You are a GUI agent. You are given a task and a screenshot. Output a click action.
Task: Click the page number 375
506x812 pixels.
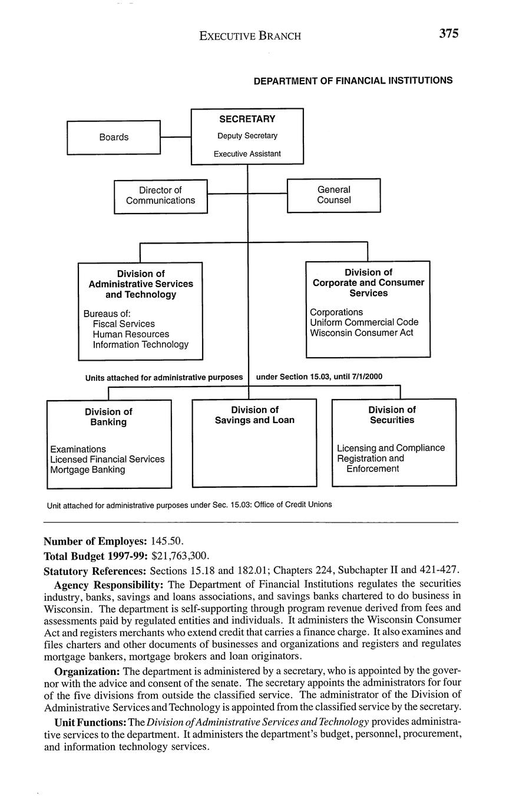[x=448, y=34]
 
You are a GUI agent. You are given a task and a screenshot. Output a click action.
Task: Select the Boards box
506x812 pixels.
[x=114, y=137]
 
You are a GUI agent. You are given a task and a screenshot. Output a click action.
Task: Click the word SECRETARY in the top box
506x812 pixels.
[x=247, y=119]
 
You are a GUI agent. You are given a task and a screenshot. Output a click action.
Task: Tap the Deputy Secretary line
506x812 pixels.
[x=247, y=136]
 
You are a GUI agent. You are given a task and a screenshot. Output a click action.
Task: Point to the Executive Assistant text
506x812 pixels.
[x=247, y=154]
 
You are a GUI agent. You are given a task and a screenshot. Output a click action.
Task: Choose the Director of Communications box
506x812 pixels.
[x=160, y=196]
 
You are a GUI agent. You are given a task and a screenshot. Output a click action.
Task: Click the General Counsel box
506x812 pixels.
[x=333, y=195]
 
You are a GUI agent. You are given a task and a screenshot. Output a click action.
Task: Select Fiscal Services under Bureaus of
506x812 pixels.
[x=124, y=324]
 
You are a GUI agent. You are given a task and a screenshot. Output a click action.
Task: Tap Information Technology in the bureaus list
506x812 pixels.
[x=141, y=345]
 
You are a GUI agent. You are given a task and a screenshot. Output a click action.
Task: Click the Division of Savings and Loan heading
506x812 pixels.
[x=254, y=415]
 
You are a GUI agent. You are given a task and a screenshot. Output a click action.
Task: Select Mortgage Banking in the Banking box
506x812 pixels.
[x=88, y=470]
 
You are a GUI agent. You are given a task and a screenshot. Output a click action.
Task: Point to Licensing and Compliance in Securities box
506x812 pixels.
[x=391, y=448]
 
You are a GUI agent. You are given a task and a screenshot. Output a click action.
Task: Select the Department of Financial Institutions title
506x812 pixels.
[x=353, y=81]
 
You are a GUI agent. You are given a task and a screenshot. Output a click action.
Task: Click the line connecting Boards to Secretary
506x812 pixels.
[x=176, y=137]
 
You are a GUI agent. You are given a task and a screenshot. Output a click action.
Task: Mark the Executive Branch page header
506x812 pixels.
[x=250, y=36]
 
